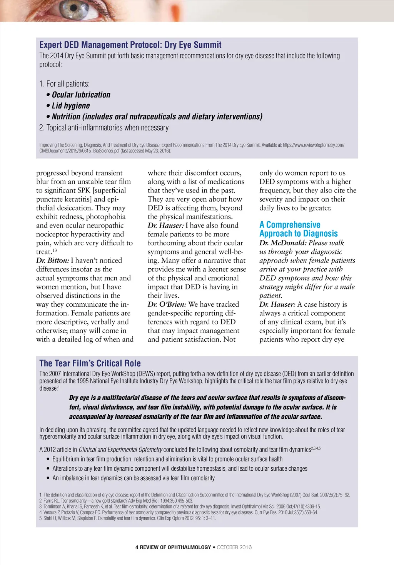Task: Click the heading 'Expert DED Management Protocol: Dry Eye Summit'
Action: tap(130, 45)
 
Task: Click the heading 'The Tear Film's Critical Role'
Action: tap(90, 363)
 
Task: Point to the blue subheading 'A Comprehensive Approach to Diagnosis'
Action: tap(298, 229)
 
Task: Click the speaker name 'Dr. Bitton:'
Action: tap(52, 261)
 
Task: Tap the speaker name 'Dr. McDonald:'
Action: tap(283, 243)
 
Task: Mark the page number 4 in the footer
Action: tap(137, 547)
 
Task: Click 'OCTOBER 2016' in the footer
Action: tap(234, 547)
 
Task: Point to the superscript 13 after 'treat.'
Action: tap(55, 250)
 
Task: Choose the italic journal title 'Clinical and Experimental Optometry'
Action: tap(120, 450)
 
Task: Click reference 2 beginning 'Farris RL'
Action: tap(116, 501)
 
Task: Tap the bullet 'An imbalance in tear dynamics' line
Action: tap(134, 478)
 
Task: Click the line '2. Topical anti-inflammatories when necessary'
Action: tap(104, 128)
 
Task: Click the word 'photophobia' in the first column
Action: tap(106, 217)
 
